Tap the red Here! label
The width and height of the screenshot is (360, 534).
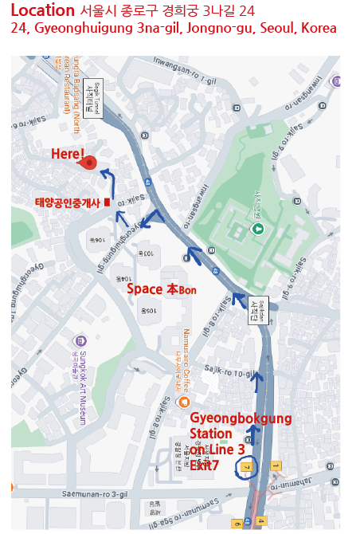[x=68, y=154]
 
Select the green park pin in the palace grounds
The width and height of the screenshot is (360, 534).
[x=257, y=230]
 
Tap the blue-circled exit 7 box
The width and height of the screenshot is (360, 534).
[x=247, y=466]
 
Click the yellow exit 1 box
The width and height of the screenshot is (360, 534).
[x=276, y=465]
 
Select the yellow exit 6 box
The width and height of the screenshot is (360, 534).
[x=237, y=524]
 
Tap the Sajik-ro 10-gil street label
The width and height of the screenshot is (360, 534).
[x=231, y=374]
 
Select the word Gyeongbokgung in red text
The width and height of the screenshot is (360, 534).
[x=240, y=418]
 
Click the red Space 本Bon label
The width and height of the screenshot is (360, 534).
[x=162, y=289]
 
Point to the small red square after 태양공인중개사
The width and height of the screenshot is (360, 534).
[x=105, y=202]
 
